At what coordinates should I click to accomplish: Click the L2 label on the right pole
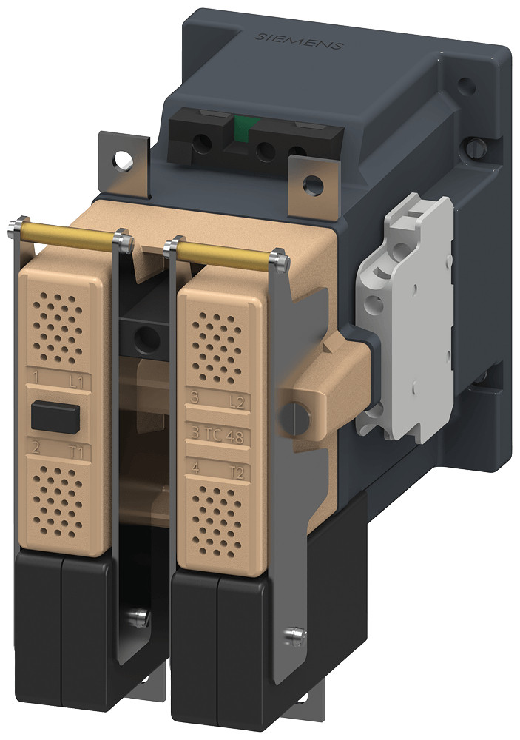point(237,403)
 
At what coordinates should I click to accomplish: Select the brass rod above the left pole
point(67,235)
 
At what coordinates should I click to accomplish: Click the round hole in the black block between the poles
point(148,338)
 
